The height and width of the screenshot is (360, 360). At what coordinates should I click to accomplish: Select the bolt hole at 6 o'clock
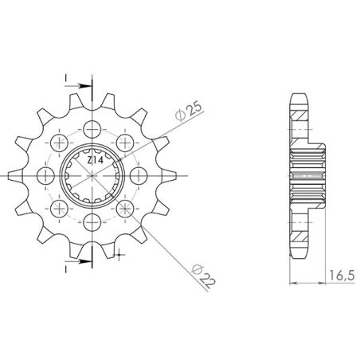[x=93, y=221]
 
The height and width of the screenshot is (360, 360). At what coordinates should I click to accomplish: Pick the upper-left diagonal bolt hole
[x=61, y=143]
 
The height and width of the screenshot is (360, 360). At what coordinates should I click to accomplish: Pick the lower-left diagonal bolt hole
[x=61, y=208]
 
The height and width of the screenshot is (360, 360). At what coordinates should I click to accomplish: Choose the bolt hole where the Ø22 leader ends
[x=126, y=208]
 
